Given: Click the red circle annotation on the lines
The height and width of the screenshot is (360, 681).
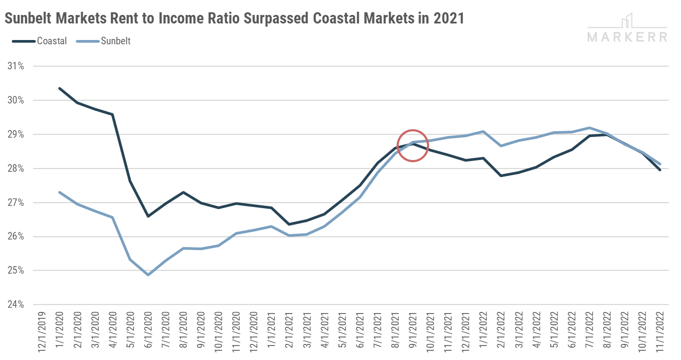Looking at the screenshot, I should click(413, 145).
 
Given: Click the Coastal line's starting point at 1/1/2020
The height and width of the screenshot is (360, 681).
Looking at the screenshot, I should click(59, 88).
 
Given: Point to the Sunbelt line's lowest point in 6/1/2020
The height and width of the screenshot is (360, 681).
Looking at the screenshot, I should click(148, 275).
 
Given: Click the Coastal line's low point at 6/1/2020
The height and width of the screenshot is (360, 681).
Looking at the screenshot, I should click(148, 216).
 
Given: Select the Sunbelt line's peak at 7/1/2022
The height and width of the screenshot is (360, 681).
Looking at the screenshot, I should click(589, 127).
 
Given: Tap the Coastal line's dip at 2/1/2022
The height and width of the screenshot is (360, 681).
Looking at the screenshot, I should click(501, 175).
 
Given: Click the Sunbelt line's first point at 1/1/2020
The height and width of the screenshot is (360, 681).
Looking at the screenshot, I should click(59, 192).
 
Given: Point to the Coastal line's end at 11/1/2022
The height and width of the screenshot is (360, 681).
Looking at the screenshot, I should click(660, 170).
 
